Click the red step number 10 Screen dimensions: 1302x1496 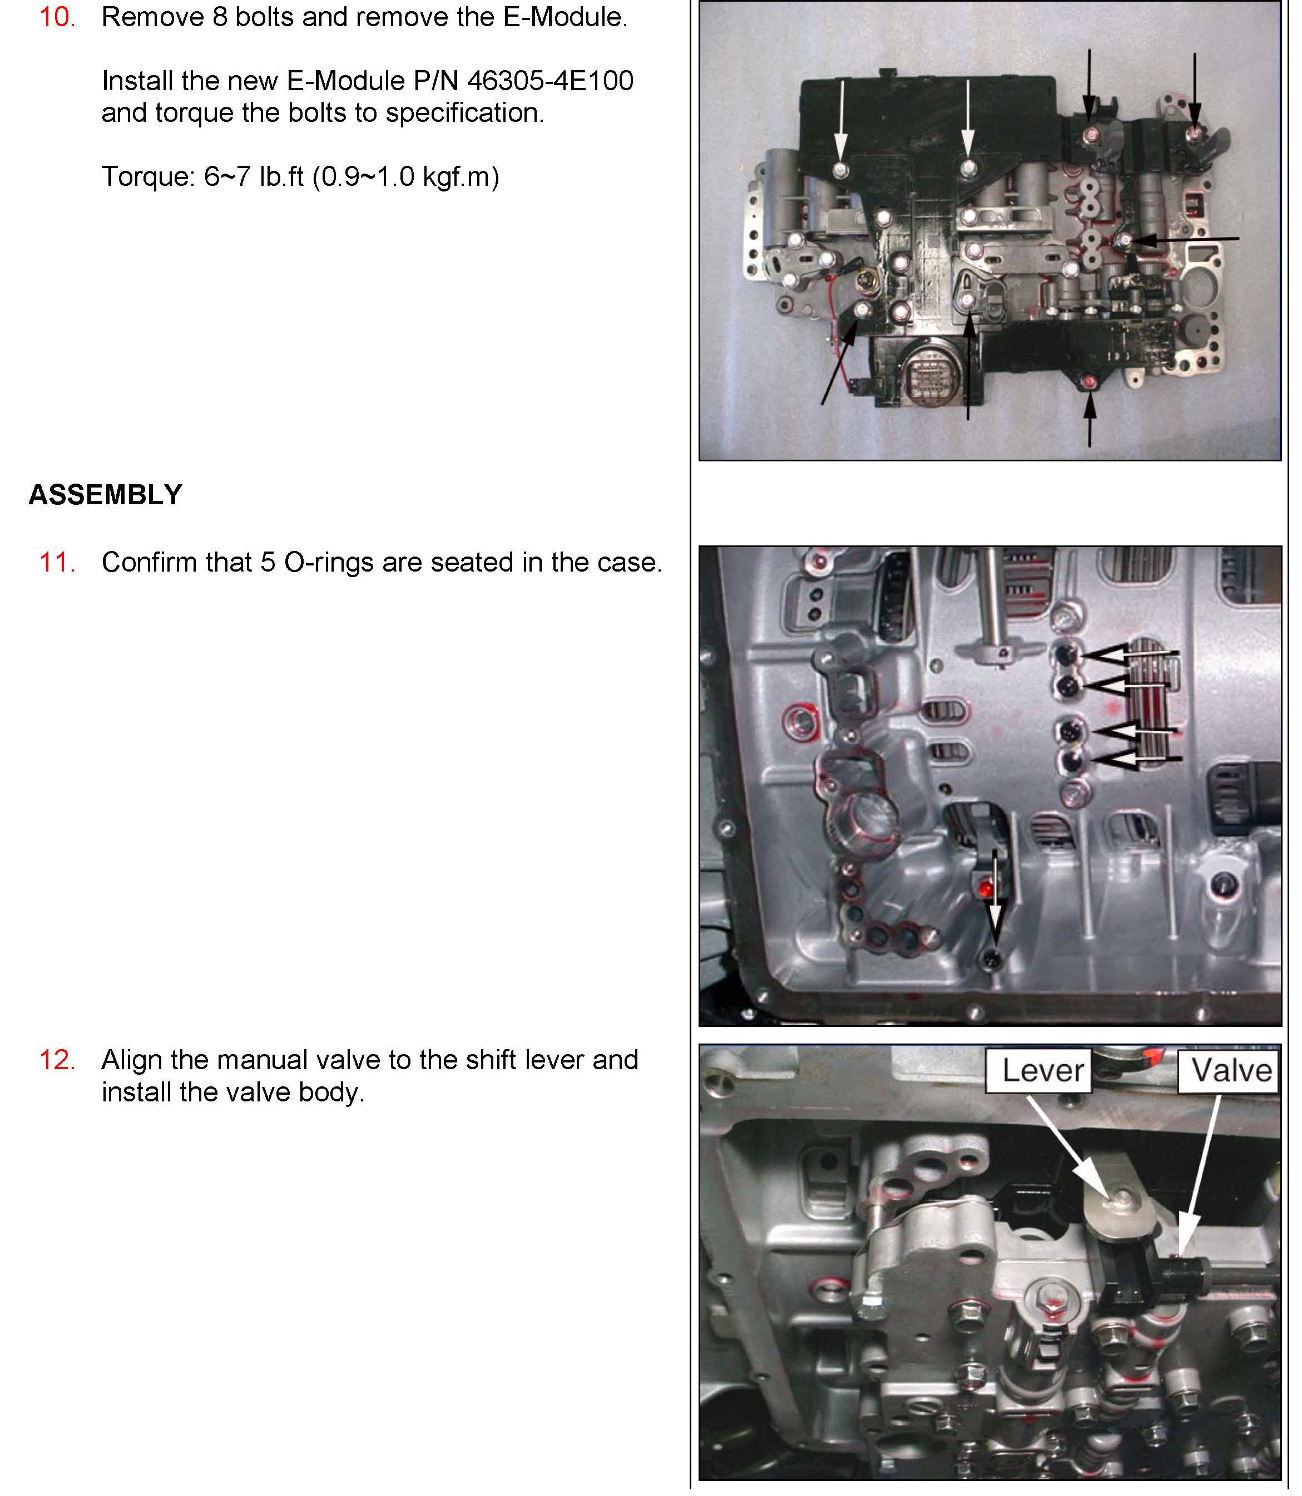(x=57, y=17)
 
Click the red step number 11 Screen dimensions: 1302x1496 (x=57, y=562)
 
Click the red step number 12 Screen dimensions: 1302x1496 (x=57, y=1060)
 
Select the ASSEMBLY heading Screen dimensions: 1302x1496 (x=105, y=494)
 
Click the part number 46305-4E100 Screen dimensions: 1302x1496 (x=550, y=81)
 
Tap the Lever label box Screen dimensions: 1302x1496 (x=1038, y=1071)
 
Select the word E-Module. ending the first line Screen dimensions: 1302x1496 (x=565, y=17)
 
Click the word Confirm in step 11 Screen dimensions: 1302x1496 (x=149, y=563)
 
